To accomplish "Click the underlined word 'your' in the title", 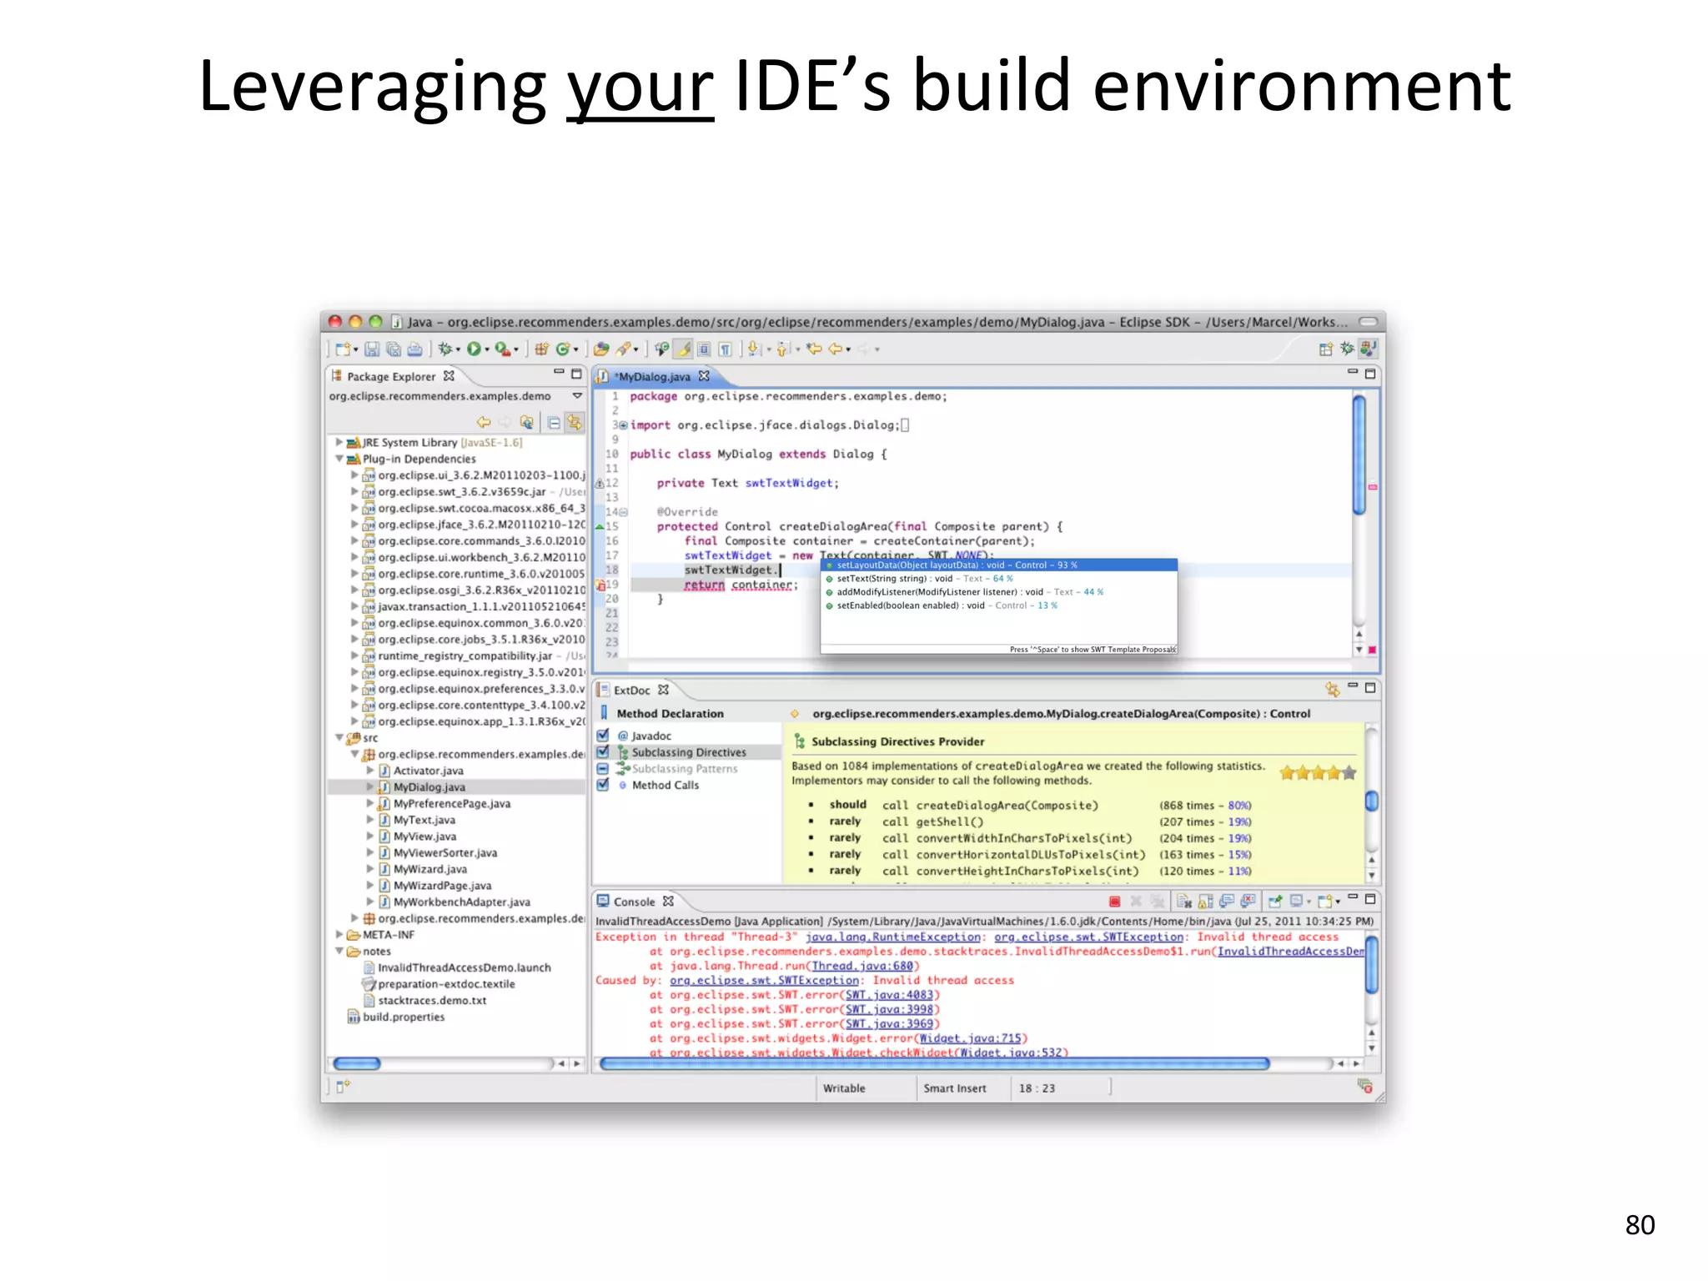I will coord(640,88).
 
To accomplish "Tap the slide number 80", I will coord(1640,1224).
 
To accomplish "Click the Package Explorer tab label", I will coord(390,376).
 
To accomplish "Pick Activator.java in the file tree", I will coord(428,771).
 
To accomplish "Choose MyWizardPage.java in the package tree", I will coord(442,886).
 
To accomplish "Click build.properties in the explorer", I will coord(404,1017).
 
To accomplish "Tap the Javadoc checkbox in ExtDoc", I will coord(603,736).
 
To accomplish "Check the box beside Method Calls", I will coord(603,785).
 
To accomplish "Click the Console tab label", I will coord(634,902).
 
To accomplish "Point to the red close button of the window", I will coord(335,321).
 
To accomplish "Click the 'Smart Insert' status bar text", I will coord(954,1088).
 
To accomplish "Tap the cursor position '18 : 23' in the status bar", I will coord(1037,1088).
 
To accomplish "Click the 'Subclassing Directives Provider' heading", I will coord(897,741).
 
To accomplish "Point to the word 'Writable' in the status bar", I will coord(844,1088).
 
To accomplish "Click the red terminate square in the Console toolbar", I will coord(1114,902).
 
